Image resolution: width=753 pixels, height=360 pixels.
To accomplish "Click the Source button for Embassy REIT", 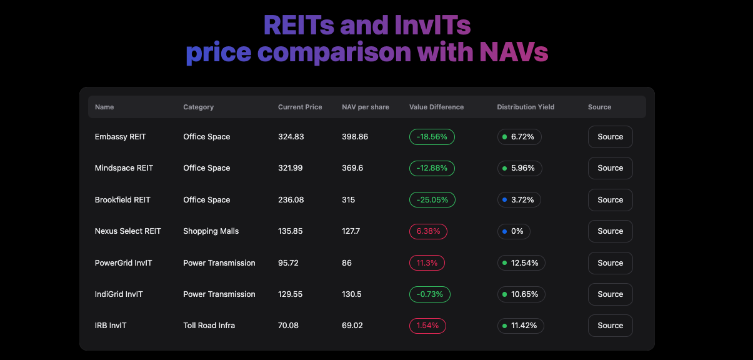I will [x=610, y=137].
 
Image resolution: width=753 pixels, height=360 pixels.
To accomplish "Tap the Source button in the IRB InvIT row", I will [x=610, y=326].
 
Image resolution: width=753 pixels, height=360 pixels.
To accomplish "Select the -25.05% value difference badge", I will [x=432, y=200].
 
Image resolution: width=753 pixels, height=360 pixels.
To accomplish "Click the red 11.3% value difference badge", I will [x=427, y=263].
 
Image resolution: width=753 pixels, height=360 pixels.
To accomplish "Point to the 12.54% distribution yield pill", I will [x=521, y=263].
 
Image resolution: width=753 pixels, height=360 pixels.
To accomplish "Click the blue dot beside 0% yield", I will [x=504, y=231].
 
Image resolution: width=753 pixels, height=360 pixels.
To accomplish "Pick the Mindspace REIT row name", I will [x=124, y=168].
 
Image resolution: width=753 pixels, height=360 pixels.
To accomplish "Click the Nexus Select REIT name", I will [x=127, y=231].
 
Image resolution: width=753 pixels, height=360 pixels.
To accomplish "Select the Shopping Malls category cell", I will [x=211, y=231].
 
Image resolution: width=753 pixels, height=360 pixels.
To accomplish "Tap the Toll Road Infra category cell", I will [x=209, y=326].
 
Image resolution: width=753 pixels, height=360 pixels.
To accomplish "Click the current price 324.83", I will [x=291, y=137].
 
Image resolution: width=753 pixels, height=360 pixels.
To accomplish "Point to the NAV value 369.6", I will [x=352, y=168].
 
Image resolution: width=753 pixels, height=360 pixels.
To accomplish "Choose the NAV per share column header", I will [x=366, y=107].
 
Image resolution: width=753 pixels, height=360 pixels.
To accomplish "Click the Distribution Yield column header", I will [x=526, y=107].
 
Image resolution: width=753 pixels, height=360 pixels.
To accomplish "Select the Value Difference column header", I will [x=436, y=107].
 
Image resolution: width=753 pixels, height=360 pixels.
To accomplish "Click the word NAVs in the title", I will [x=514, y=52].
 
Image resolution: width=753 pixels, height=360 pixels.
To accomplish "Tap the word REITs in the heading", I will [x=299, y=25].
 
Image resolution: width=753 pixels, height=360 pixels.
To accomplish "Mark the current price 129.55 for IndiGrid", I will [x=291, y=294].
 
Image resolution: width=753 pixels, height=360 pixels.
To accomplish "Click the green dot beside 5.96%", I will [x=504, y=168].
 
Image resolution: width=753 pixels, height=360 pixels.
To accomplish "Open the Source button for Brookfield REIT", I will [x=610, y=200].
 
